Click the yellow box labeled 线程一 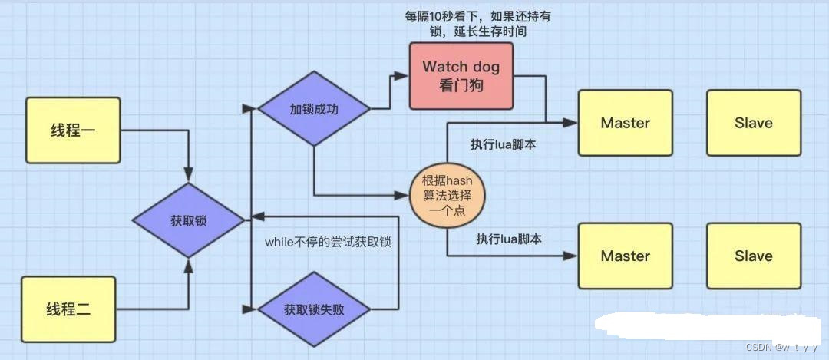[x=73, y=130]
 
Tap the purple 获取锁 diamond [x=188, y=220]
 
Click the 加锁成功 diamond [x=313, y=109]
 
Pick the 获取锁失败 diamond [x=313, y=310]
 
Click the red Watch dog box [x=461, y=74]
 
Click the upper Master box [x=625, y=123]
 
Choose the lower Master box [x=625, y=256]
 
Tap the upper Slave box [x=753, y=123]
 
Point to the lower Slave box [x=753, y=256]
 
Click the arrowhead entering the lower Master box [x=573, y=256]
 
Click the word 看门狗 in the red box [x=461, y=84]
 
